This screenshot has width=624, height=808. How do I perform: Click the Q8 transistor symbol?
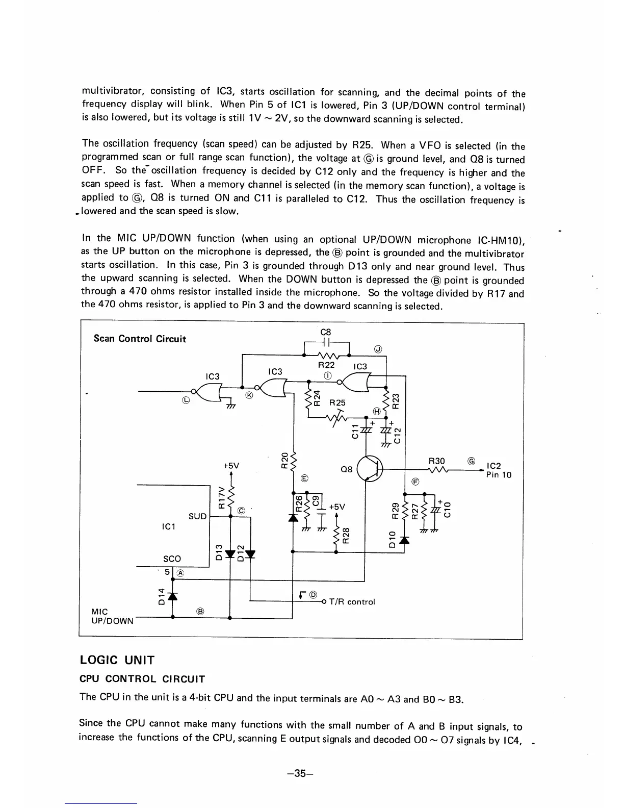[x=371, y=468]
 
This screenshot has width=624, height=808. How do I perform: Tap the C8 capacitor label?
[x=326, y=332]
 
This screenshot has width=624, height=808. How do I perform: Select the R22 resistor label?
[x=326, y=365]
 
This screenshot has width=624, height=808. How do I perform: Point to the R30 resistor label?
[x=436, y=461]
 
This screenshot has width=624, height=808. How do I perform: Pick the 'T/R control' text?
[x=352, y=602]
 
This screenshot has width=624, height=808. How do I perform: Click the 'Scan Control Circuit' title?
[x=140, y=339]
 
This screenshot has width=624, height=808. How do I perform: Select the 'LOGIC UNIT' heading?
[x=117, y=660]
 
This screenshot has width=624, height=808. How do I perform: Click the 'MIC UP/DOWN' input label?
[x=112, y=616]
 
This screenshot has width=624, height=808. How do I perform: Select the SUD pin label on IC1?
[x=198, y=516]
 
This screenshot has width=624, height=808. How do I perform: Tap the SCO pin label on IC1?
[x=172, y=559]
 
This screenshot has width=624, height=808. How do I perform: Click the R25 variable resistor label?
[x=337, y=402]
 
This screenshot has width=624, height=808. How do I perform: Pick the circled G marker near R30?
[x=472, y=461]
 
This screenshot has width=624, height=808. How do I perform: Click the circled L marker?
[x=186, y=400]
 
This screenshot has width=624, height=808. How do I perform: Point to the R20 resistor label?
[x=284, y=462]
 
